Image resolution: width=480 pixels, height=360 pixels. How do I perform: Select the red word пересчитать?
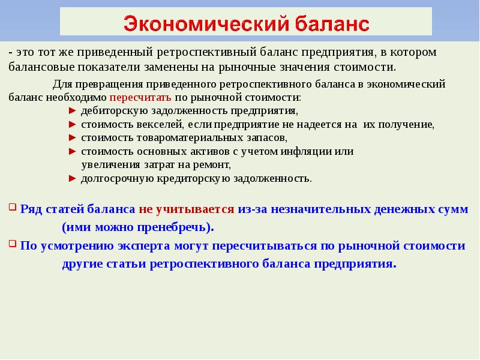point(140,97)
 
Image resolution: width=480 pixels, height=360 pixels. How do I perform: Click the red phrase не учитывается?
point(186,209)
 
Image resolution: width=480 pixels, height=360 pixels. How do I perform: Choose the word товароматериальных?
point(170,137)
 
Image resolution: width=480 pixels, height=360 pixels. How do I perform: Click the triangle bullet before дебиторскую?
point(72,111)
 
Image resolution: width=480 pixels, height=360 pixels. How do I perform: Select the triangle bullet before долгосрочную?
point(72,178)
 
